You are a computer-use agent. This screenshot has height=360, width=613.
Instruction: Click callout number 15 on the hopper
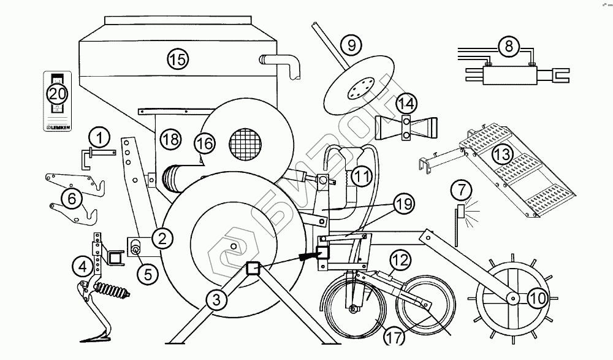coord(177,59)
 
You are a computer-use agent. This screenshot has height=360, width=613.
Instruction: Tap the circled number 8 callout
coord(508,45)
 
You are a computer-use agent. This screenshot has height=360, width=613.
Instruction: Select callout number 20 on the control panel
coord(57,94)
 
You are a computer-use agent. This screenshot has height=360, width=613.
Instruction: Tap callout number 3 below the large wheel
coord(215,300)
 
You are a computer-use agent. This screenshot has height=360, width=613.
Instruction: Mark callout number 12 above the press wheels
coord(399,261)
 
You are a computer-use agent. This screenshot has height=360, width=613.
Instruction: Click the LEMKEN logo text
coord(58,128)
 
